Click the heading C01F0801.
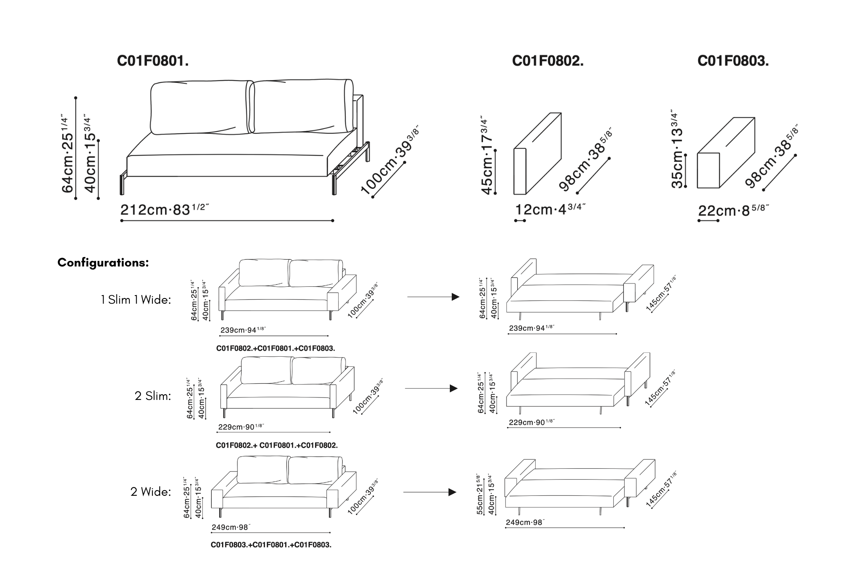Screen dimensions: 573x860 [153, 61]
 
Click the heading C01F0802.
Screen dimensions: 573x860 [548, 61]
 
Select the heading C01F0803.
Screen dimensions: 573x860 [733, 61]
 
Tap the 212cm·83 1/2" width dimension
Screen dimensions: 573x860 [164, 210]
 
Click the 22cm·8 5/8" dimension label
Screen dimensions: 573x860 [733, 210]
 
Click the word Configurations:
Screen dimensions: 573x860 [103, 263]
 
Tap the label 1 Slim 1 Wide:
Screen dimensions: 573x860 [136, 300]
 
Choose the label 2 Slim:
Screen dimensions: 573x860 [153, 396]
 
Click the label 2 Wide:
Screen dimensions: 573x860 [150, 492]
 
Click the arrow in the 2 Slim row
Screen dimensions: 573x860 [431, 389]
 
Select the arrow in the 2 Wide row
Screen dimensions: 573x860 [430, 492]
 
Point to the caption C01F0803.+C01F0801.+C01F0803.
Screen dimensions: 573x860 [271, 545]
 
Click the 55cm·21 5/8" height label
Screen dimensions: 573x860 [480, 494]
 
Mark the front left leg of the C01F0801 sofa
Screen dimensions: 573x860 [123, 184]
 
